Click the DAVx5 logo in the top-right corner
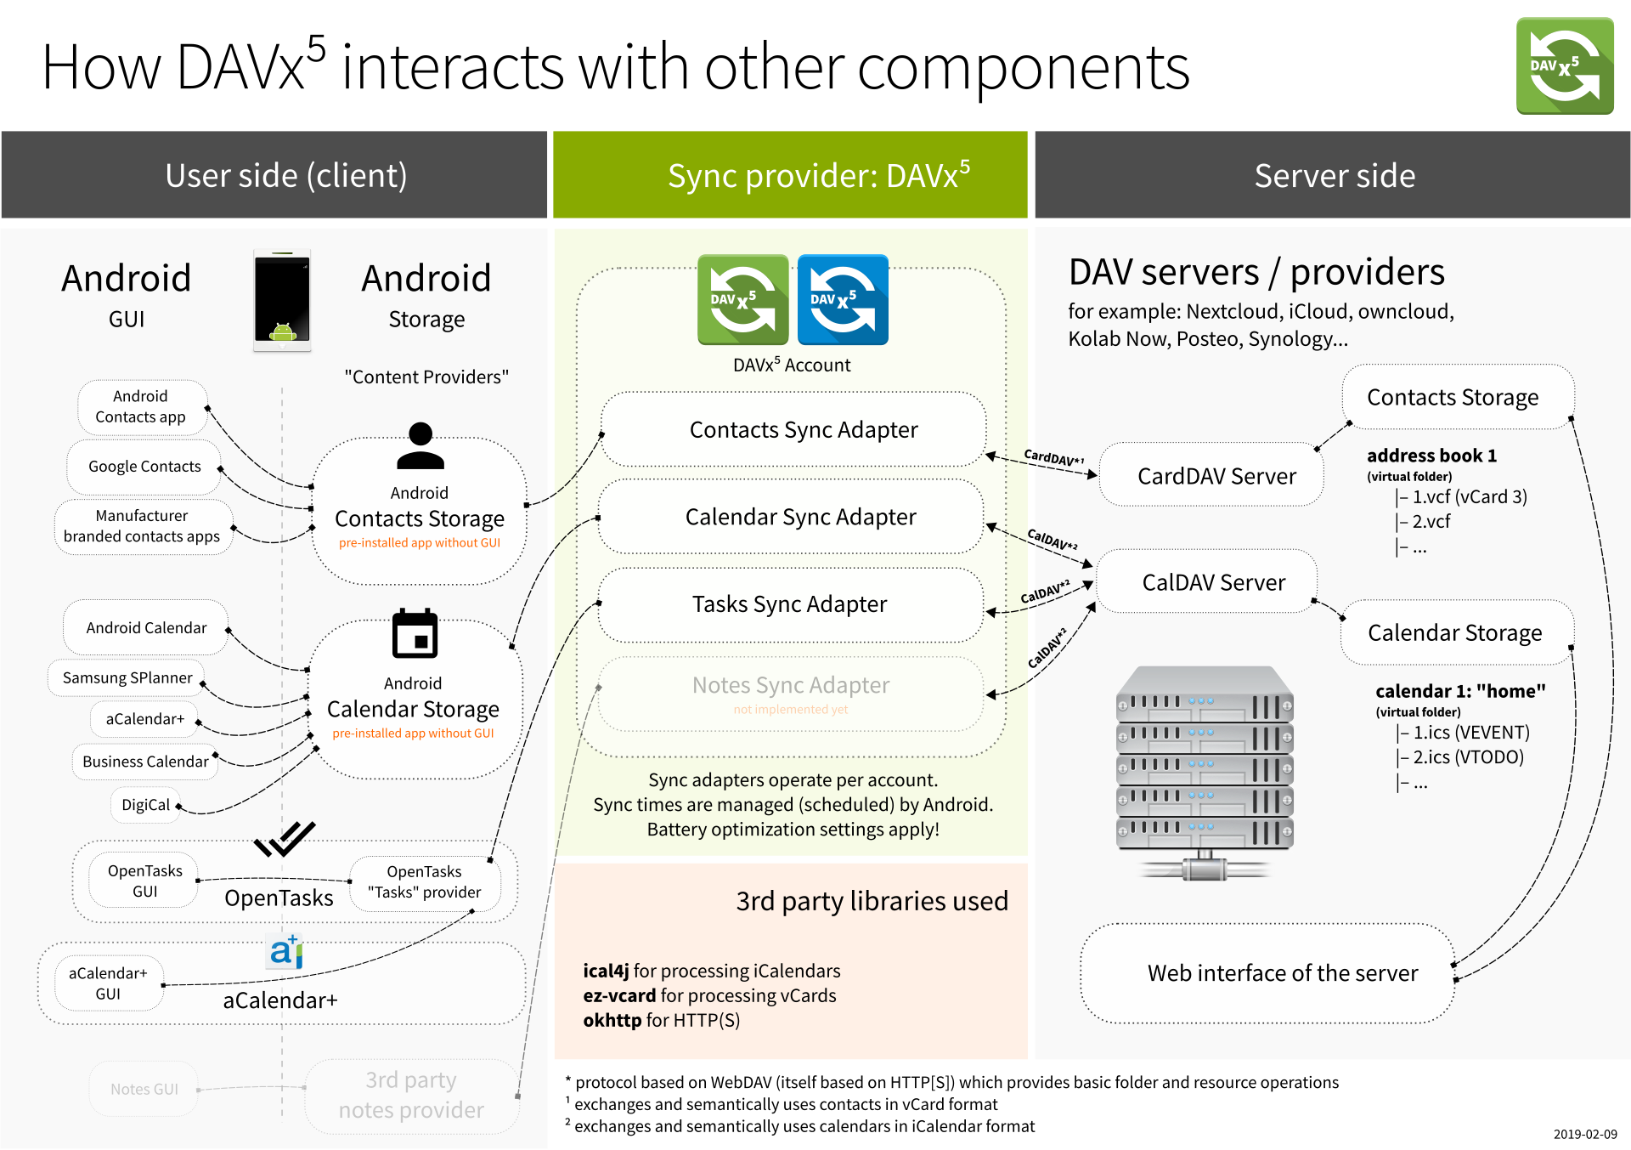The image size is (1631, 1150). [1564, 66]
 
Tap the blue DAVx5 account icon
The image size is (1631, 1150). [843, 299]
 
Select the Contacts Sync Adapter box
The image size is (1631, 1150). [803, 430]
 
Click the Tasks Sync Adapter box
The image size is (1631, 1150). [789, 604]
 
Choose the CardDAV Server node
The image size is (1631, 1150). [1216, 476]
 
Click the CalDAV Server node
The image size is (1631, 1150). [1212, 582]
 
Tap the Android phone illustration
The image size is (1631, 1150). [282, 300]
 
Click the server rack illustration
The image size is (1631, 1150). [1204, 769]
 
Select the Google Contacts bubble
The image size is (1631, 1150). [144, 467]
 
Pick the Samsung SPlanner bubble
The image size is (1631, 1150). [127, 678]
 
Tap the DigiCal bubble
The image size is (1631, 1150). [145, 805]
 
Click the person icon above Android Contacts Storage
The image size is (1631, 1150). [420, 446]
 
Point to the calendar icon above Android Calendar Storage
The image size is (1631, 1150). [415, 634]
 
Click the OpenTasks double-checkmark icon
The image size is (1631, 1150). [285, 839]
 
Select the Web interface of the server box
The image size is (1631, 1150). [1282, 973]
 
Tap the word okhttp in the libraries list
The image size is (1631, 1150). [612, 1020]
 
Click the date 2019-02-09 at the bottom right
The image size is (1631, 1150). [1585, 1134]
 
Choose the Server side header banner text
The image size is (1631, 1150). [1334, 176]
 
